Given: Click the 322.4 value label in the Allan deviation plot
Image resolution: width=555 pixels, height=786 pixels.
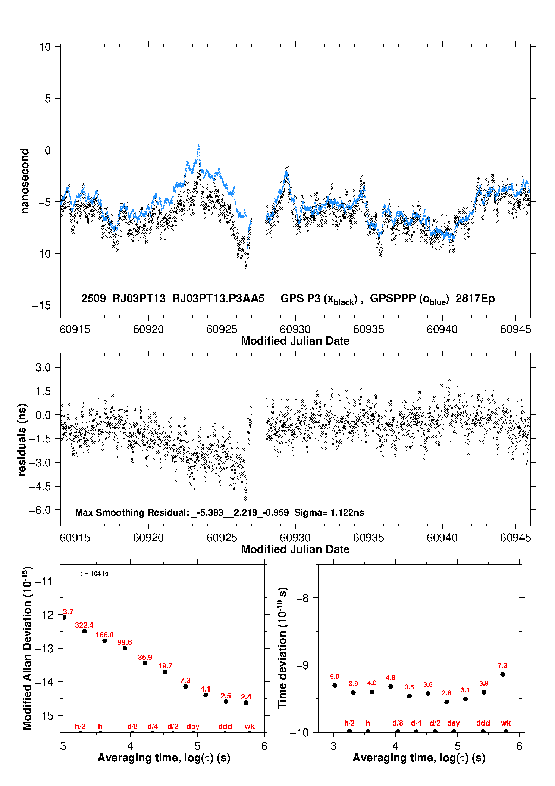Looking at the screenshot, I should click(x=84, y=625).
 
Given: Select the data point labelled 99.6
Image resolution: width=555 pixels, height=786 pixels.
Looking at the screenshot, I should click(x=125, y=648).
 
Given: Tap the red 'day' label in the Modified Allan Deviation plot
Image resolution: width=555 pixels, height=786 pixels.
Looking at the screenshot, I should click(x=193, y=726).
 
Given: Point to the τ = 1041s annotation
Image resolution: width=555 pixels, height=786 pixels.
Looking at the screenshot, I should click(x=94, y=574).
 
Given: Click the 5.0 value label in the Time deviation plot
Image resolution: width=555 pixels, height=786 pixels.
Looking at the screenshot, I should click(x=335, y=677).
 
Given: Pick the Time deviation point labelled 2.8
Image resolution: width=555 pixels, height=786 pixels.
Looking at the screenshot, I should click(x=446, y=702).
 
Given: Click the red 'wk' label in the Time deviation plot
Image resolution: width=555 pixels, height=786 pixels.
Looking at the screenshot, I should click(x=506, y=723).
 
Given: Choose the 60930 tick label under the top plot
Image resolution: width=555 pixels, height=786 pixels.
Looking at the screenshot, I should click(x=295, y=329).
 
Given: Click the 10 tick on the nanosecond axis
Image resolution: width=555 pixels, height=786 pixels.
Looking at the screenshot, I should click(x=45, y=47).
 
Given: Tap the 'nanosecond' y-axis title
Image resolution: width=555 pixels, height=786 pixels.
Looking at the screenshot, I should click(x=25, y=181).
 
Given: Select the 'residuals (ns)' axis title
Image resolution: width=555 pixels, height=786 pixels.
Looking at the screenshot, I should click(x=22, y=439).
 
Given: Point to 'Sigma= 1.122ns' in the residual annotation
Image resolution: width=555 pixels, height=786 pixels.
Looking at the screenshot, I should click(x=329, y=512).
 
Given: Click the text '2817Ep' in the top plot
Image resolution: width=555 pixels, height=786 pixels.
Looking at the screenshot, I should click(x=475, y=298).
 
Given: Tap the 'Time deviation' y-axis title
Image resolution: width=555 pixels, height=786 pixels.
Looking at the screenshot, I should click(x=282, y=648).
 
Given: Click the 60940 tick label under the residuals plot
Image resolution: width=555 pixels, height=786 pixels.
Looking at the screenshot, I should click(x=442, y=538).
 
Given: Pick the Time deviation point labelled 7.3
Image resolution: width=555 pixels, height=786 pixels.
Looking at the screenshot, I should click(x=502, y=674).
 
